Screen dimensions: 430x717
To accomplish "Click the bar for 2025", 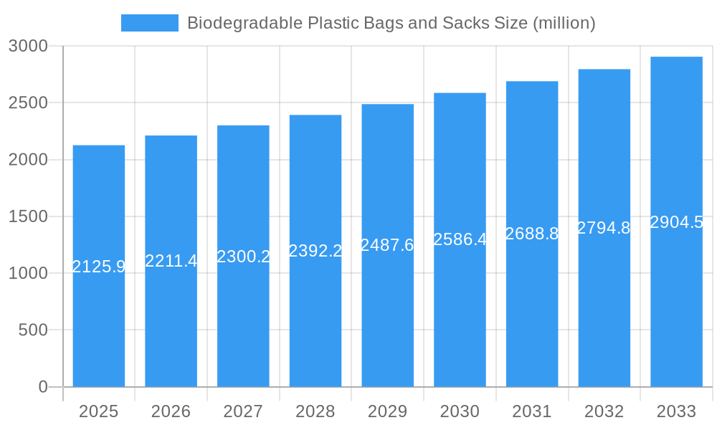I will [99, 322].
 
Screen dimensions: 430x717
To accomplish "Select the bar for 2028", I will [315, 322].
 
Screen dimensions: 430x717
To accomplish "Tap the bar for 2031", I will [532, 322].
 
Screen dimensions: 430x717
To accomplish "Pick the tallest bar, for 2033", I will [676, 322].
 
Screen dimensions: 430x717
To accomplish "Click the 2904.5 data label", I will [676, 222].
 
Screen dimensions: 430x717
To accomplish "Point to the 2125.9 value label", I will [99, 267].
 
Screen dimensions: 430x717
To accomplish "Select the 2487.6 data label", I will [387, 245].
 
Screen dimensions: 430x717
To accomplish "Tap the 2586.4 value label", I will [460, 239].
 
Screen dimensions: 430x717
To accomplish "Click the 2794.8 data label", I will [604, 228].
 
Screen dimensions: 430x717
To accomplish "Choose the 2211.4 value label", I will [171, 261].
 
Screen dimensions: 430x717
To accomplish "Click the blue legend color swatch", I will [149, 23].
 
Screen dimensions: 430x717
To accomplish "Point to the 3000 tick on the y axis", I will [28, 46].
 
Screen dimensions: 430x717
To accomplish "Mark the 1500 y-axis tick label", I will [28, 216].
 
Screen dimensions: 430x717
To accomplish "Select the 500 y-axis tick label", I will [33, 330].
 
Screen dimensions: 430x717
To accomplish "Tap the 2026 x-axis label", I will [171, 411].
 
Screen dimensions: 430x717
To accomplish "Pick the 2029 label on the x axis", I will [387, 411].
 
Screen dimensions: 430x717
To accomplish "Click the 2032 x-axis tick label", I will [604, 411].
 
